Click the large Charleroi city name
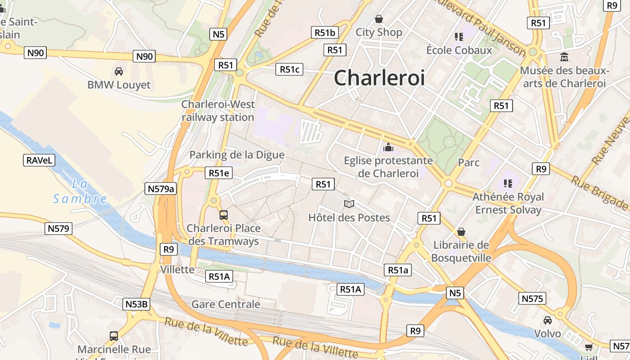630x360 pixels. pyautogui.click(x=379, y=78)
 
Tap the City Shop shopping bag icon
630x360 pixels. pyautogui.click(x=379, y=19)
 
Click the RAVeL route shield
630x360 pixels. pyautogui.click(x=39, y=160)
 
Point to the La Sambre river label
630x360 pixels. pyautogui.click(x=80, y=191)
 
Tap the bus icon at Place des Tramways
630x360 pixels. pyautogui.click(x=224, y=215)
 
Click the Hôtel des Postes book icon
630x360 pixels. pyautogui.click(x=349, y=204)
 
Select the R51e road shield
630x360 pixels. pyautogui.click(x=219, y=173)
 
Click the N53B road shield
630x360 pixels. pyautogui.click(x=136, y=304)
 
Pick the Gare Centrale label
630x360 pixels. pyautogui.click(x=226, y=304)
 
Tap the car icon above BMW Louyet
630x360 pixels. pyautogui.click(x=119, y=72)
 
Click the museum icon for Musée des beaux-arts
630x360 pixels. pyautogui.click(x=564, y=57)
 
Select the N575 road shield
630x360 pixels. pyautogui.click(x=532, y=298)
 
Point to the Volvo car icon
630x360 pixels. pyautogui.click(x=548, y=320)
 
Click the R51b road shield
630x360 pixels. pyautogui.click(x=325, y=32)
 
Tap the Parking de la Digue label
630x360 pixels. pyautogui.click(x=237, y=155)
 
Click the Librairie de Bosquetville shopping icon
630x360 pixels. pyautogui.click(x=461, y=232)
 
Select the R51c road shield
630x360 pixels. pyautogui.click(x=289, y=69)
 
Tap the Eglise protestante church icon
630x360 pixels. pyautogui.click(x=388, y=147)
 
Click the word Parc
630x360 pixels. pyautogui.click(x=469, y=162)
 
